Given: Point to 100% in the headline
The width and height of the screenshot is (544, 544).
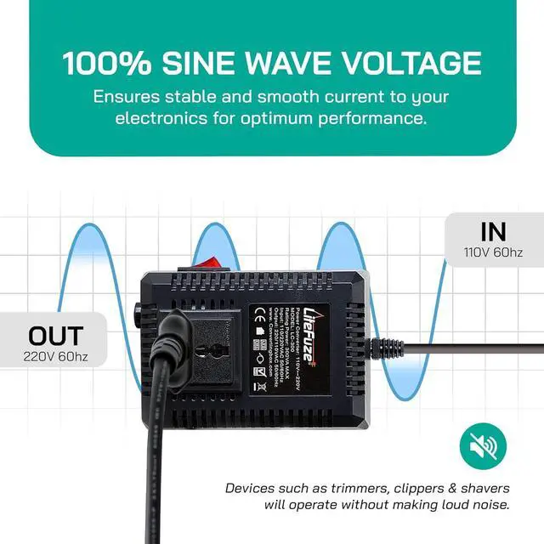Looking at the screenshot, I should (x=108, y=63).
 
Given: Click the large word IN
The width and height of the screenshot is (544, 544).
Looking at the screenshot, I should (x=492, y=230).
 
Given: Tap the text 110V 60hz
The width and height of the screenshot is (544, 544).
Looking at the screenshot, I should (x=492, y=252).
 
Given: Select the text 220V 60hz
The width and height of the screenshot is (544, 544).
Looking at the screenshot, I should (x=55, y=356).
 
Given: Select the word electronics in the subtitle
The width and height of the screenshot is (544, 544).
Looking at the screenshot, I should (x=158, y=118).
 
